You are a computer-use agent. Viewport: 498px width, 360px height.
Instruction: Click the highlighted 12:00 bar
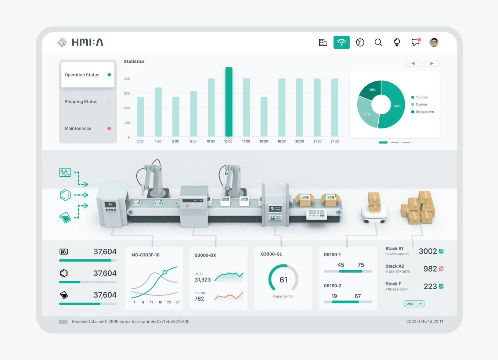point(229,102)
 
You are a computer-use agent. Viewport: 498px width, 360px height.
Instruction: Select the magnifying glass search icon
point(378,42)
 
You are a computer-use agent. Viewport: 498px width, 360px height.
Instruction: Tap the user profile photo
point(433,42)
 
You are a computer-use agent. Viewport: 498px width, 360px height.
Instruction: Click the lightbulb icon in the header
point(397,42)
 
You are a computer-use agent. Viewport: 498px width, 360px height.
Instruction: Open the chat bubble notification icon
point(415,42)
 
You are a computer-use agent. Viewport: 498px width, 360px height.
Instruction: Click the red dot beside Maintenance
point(109,128)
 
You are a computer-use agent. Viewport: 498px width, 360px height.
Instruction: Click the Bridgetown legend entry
point(422,112)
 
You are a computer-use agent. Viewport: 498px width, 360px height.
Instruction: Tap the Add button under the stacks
point(414,304)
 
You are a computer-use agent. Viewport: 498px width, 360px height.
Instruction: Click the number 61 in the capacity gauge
point(284,280)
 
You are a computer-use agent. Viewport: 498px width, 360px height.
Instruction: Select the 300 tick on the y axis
point(127,93)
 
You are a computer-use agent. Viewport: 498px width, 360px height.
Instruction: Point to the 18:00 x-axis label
point(281,141)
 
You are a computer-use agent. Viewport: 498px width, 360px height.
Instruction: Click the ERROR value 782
point(199,299)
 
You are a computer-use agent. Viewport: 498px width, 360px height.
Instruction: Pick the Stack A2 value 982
point(430,269)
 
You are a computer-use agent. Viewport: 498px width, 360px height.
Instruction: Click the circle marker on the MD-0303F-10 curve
point(165,272)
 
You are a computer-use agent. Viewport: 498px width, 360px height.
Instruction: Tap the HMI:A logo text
point(87,42)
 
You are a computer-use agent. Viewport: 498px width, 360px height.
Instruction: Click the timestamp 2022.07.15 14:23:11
point(425,321)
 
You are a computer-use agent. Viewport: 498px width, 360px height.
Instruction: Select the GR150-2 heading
point(332,286)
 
